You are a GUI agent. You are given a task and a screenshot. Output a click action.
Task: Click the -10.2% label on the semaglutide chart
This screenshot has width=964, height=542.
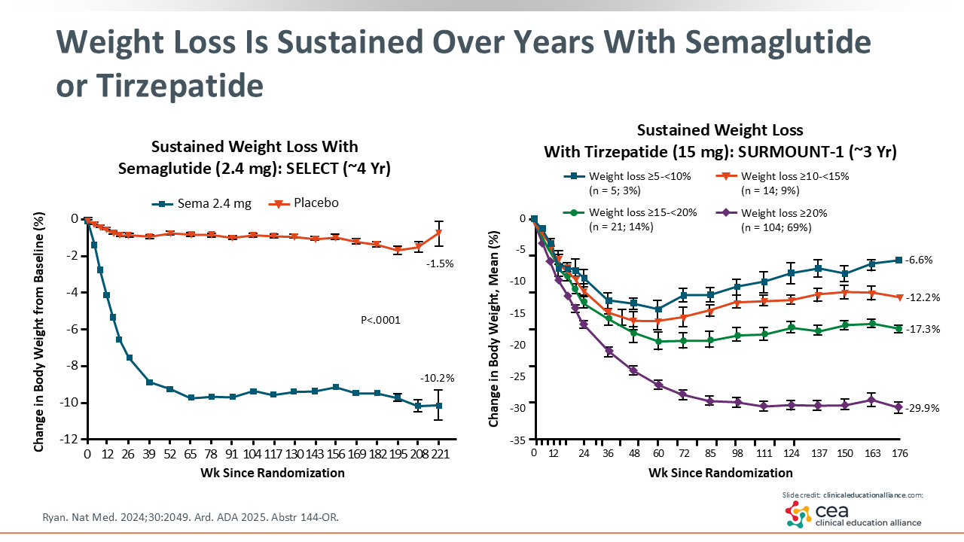(x=436, y=378)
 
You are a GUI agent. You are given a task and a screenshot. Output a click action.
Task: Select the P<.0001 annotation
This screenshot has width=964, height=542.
(x=381, y=321)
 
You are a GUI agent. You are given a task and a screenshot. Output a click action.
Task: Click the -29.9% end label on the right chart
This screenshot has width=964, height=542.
(x=923, y=408)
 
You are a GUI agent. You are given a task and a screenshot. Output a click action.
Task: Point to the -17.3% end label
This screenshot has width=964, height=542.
(x=923, y=330)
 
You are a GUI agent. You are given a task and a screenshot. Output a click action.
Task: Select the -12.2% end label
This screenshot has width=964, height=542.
(x=923, y=297)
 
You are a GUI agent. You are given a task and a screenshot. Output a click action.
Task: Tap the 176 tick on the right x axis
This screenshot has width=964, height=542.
(x=898, y=454)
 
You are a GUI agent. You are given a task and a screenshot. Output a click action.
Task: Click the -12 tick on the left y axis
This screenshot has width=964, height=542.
(x=72, y=440)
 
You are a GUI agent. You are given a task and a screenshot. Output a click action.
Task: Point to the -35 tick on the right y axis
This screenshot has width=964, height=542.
(x=520, y=440)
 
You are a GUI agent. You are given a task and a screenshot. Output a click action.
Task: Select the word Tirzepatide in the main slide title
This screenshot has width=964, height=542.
(x=160, y=87)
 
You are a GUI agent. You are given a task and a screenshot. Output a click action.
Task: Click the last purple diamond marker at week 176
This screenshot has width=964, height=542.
(x=898, y=407)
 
